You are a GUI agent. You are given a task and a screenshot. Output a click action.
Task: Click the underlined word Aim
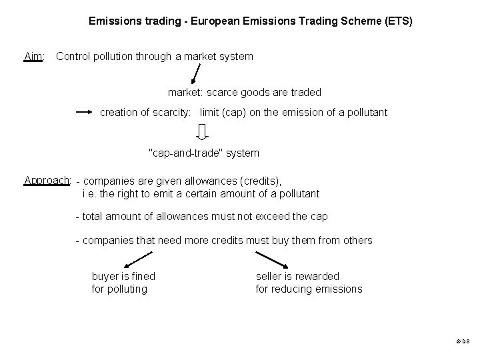pyautogui.click(x=33, y=57)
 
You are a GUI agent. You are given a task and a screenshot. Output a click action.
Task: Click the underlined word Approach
pyautogui.click(x=47, y=180)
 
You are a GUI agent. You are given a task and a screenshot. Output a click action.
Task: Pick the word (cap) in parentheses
pyautogui.click(x=234, y=113)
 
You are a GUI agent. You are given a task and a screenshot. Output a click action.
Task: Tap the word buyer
pyautogui.click(x=105, y=276)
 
